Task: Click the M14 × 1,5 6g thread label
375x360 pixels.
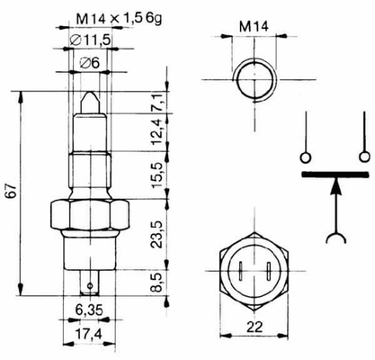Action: tap(119, 20)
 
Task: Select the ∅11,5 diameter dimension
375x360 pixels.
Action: tap(90, 40)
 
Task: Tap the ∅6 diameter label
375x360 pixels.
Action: tap(89, 63)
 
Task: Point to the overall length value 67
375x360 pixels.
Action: tap(11, 191)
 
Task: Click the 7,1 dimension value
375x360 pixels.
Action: tap(158, 103)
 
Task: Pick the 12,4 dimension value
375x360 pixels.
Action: tap(158, 132)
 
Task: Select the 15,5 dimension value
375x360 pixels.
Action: tap(158, 175)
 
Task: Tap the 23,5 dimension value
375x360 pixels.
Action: tap(158, 234)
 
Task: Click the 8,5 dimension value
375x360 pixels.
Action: tap(158, 282)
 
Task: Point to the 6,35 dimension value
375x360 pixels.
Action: tap(89, 310)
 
